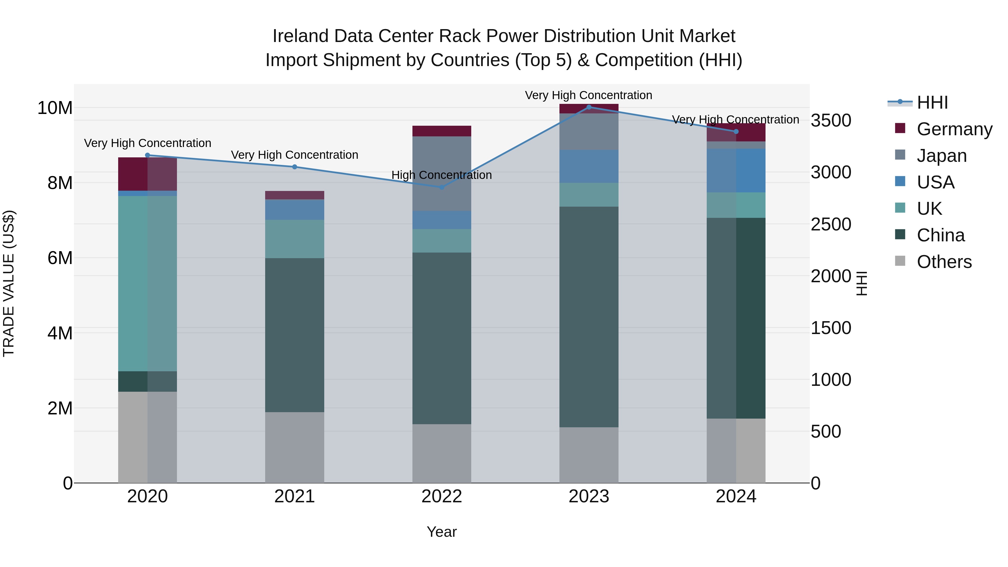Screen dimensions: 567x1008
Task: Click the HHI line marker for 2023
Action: (589, 107)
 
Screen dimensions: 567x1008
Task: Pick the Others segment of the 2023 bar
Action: (589, 455)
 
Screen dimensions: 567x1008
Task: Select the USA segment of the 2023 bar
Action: (589, 166)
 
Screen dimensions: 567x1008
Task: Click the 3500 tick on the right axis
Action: (830, 120)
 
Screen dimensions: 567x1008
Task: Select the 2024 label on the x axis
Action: (736, 496)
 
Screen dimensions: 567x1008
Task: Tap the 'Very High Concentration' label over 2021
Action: (294, 155)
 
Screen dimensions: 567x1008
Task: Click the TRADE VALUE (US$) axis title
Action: (9, 283)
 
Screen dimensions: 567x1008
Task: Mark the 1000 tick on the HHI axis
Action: (830, 380)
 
